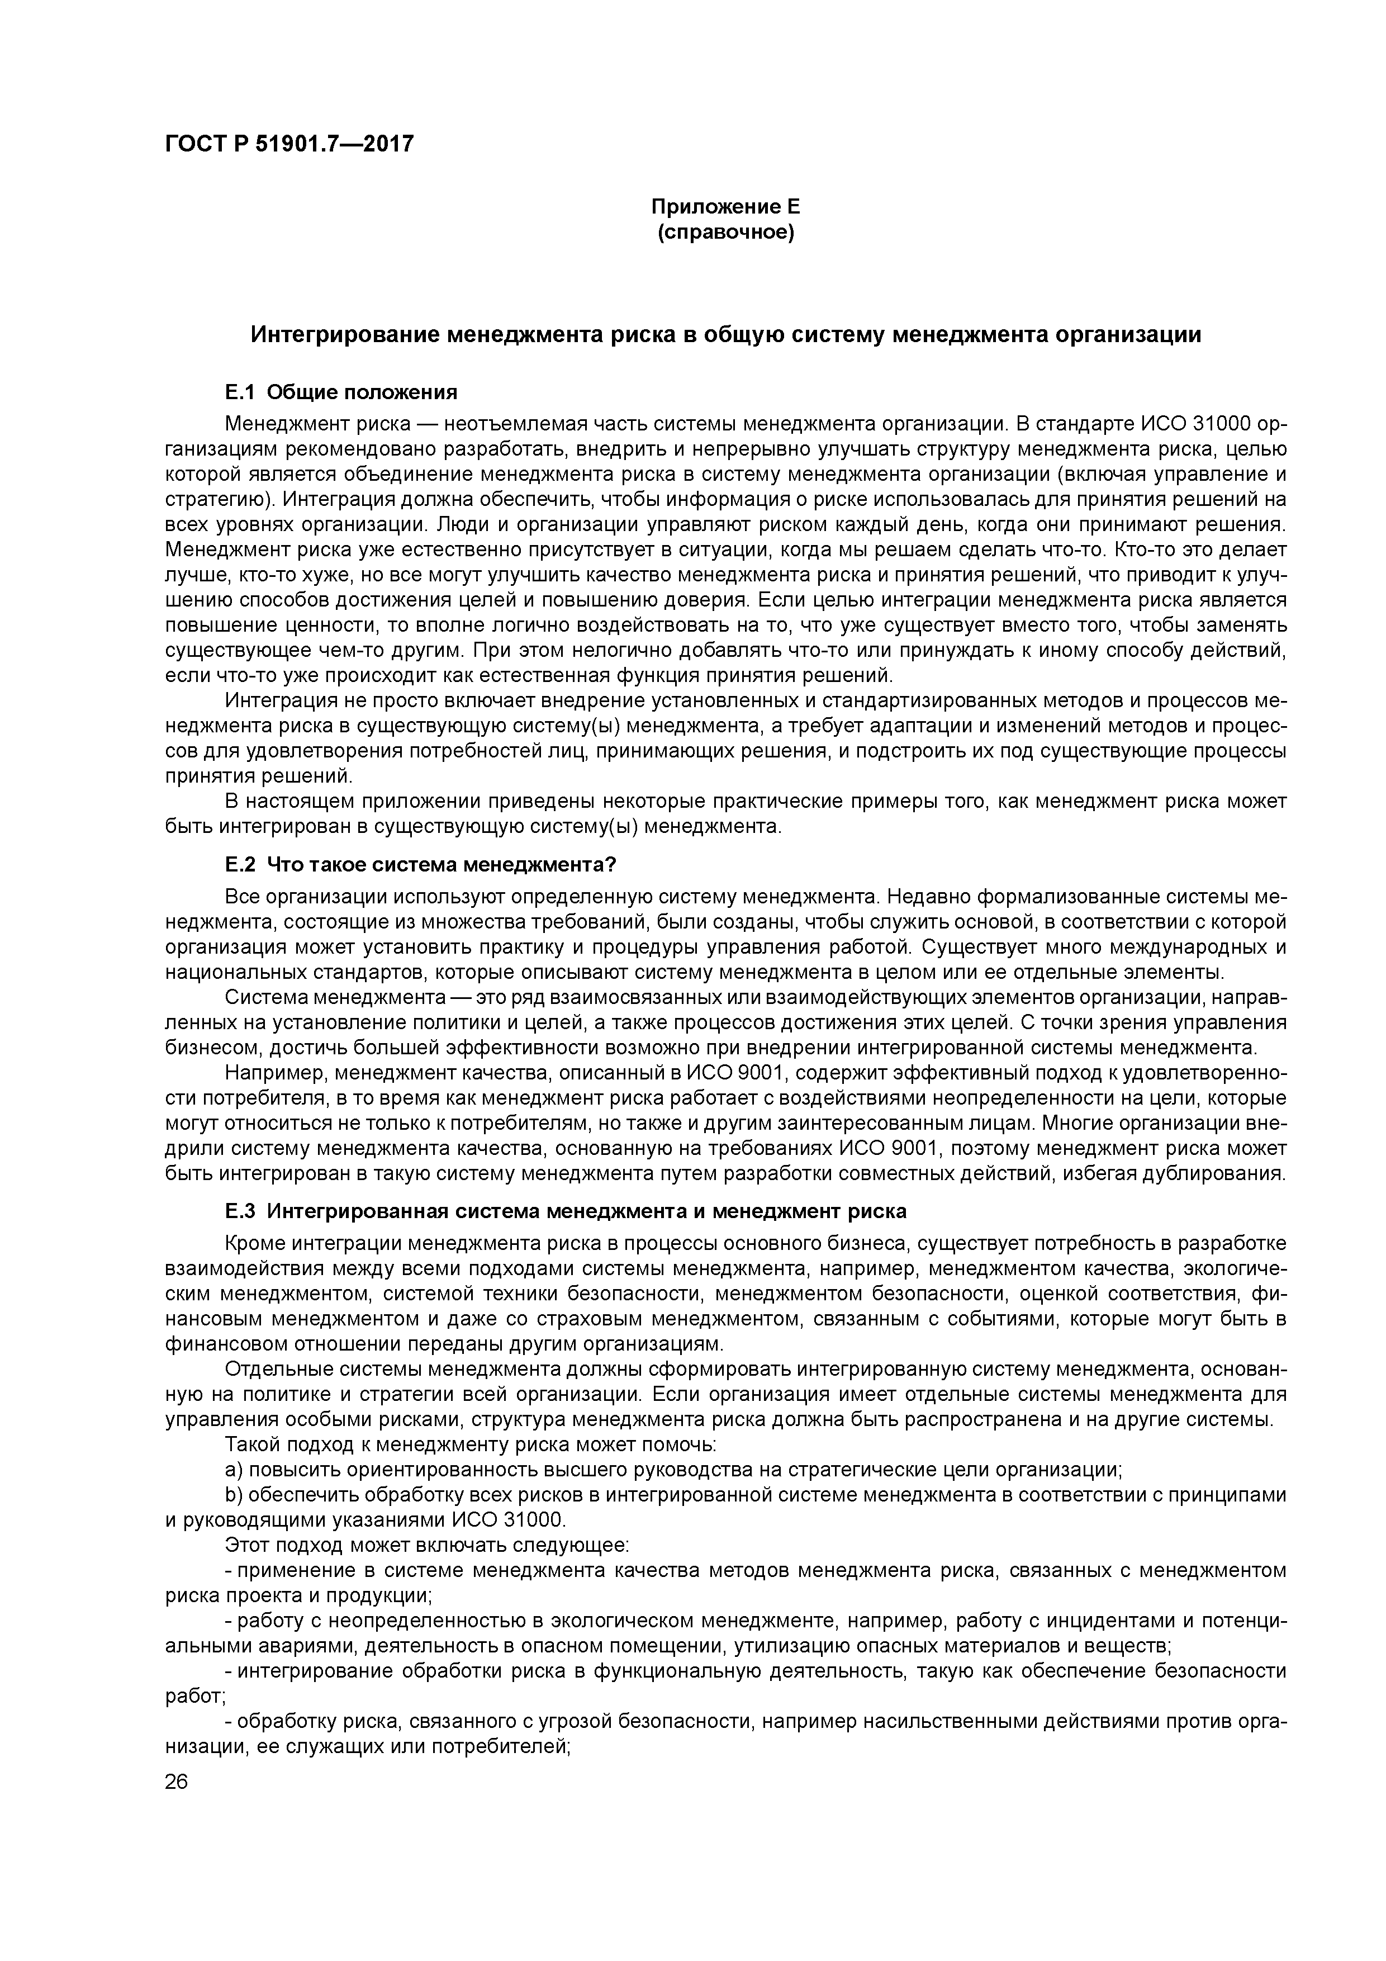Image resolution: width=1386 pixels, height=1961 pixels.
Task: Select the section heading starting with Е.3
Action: [566, 1211]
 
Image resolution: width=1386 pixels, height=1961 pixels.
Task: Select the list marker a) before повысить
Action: [234, 1469]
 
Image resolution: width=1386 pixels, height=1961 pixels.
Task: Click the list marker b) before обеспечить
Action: [234, 1495]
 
